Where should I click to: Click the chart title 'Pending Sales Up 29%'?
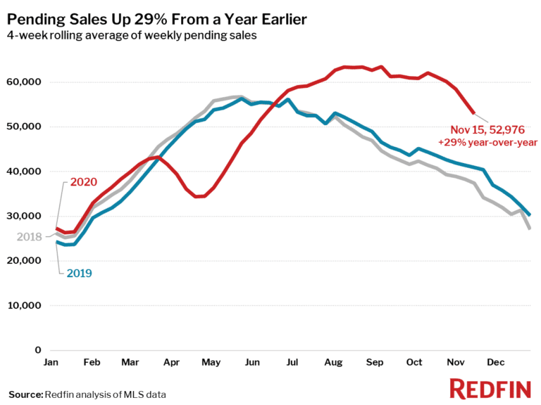(x=157, y=19)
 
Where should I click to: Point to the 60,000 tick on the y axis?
(x=24, y=82)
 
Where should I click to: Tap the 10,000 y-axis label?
(x=24, y=306)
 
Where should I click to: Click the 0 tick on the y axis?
(x=37, y=350)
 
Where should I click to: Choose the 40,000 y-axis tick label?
(x=24, y=172)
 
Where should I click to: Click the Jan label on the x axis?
(x=51, y=362)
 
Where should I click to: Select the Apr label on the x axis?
(x=170, y=362)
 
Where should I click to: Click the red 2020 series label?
(x=84, y=182)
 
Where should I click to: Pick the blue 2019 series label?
(x=80, y=272)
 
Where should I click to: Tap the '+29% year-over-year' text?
(x=487, y=142)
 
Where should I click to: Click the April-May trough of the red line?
(x=199, y=197)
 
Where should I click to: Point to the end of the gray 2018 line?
(x=529, y=229)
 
